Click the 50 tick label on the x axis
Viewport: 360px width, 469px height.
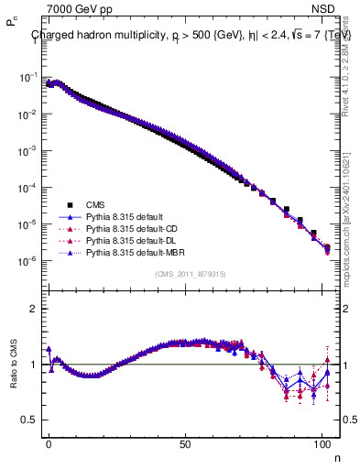pos(186,442)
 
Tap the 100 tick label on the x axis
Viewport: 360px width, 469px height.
pos(322,442)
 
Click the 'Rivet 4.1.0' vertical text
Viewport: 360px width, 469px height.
pos(351,69)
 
